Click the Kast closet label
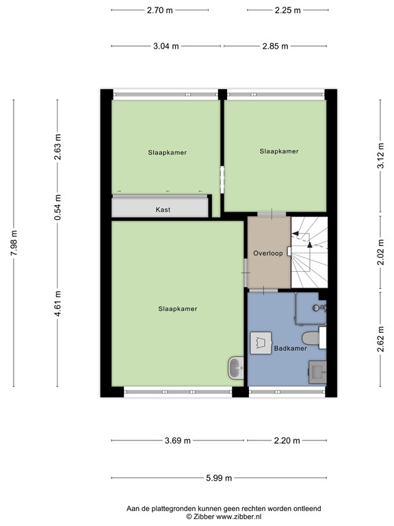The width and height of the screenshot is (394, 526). tap(163, 210)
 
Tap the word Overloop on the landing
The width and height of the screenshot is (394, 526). tap(267, 253)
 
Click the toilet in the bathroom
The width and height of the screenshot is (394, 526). tap(311, 337)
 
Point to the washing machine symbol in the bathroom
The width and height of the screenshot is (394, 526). tap(260, 343)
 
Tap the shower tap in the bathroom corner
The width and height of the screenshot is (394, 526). tap(318, 308)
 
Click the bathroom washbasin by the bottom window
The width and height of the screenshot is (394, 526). tap(317, 373)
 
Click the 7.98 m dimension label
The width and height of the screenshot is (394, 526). tap(14, 243)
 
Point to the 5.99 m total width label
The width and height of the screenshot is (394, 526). tap(219, 478)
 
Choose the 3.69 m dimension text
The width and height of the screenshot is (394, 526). tap(177, 440)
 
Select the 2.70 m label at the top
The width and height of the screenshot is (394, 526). tap(159, 10)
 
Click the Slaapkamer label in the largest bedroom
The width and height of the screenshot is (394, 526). tap(177, 309)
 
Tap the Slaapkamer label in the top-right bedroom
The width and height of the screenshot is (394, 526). tap(279, 151)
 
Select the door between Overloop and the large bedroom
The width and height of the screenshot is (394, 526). tap(246, 272)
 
